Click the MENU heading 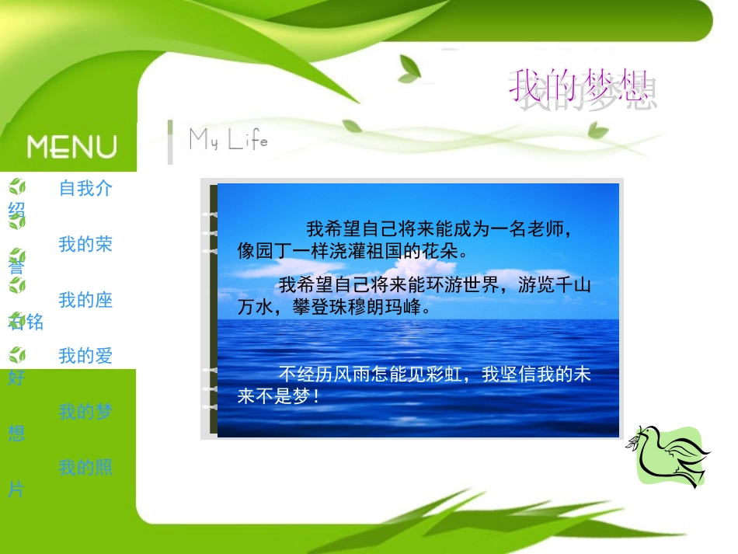72,146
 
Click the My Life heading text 228,140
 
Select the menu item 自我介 85,188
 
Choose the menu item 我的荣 85,244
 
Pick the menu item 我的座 85,300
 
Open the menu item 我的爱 85,356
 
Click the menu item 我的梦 85,412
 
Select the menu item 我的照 85,468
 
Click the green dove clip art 670,457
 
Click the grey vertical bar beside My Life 170,142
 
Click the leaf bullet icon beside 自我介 17,186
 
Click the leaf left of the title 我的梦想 409,70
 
